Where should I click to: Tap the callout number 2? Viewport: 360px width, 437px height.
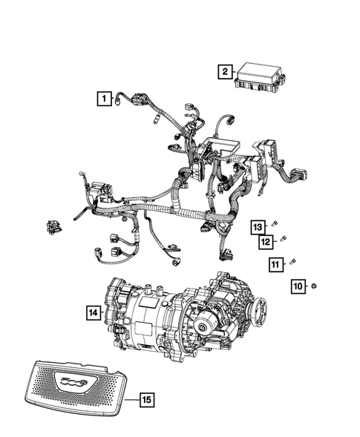point(223,72)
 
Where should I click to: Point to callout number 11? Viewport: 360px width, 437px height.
point(275,263)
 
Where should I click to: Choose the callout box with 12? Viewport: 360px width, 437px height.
point(265,241)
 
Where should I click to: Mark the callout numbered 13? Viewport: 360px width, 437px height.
point(257,226)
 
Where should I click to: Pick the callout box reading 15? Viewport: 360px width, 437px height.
point(146,401)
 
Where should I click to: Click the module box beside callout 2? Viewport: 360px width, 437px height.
point(258,76)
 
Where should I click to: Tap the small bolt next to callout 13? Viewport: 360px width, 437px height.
point(274,223)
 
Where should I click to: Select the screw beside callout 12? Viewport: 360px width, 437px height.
point(283,239)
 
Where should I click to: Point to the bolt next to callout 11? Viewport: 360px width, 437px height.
point(292,260)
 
